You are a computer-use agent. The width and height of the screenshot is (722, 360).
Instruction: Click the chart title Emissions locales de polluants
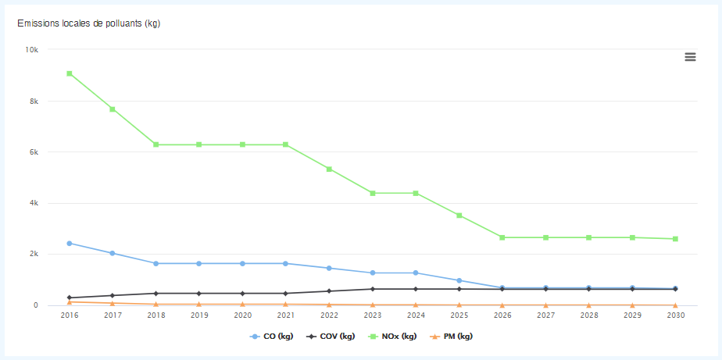(88, 23)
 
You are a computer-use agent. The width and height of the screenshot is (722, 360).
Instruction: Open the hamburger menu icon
(690, 57)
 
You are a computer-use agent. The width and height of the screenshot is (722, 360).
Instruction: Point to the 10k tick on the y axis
(32, 50)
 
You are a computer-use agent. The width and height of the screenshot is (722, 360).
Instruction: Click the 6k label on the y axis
(34, 152)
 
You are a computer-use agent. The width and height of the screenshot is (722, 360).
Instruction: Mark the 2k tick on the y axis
(34, 255)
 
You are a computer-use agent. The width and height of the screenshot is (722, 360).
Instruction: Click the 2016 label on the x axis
(70, 316)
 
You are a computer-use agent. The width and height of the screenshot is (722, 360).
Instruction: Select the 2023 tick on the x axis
(372, 316)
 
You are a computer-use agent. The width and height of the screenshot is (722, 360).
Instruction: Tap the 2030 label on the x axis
(675, 316)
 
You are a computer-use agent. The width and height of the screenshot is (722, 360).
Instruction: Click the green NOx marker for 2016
(70, 73)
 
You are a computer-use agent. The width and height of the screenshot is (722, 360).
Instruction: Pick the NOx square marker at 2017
(113, 109)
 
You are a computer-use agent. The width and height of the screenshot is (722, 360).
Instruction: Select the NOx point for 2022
(329, 169)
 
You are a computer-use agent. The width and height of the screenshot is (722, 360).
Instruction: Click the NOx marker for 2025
(459, 216)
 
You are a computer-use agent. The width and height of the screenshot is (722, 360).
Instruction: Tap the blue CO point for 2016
(70, 244)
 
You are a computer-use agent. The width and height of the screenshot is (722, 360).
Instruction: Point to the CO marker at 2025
(459, 280)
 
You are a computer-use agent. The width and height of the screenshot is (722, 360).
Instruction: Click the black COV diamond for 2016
(70, 298)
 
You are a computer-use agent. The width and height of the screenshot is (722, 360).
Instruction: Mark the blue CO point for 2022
(329, 269)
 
